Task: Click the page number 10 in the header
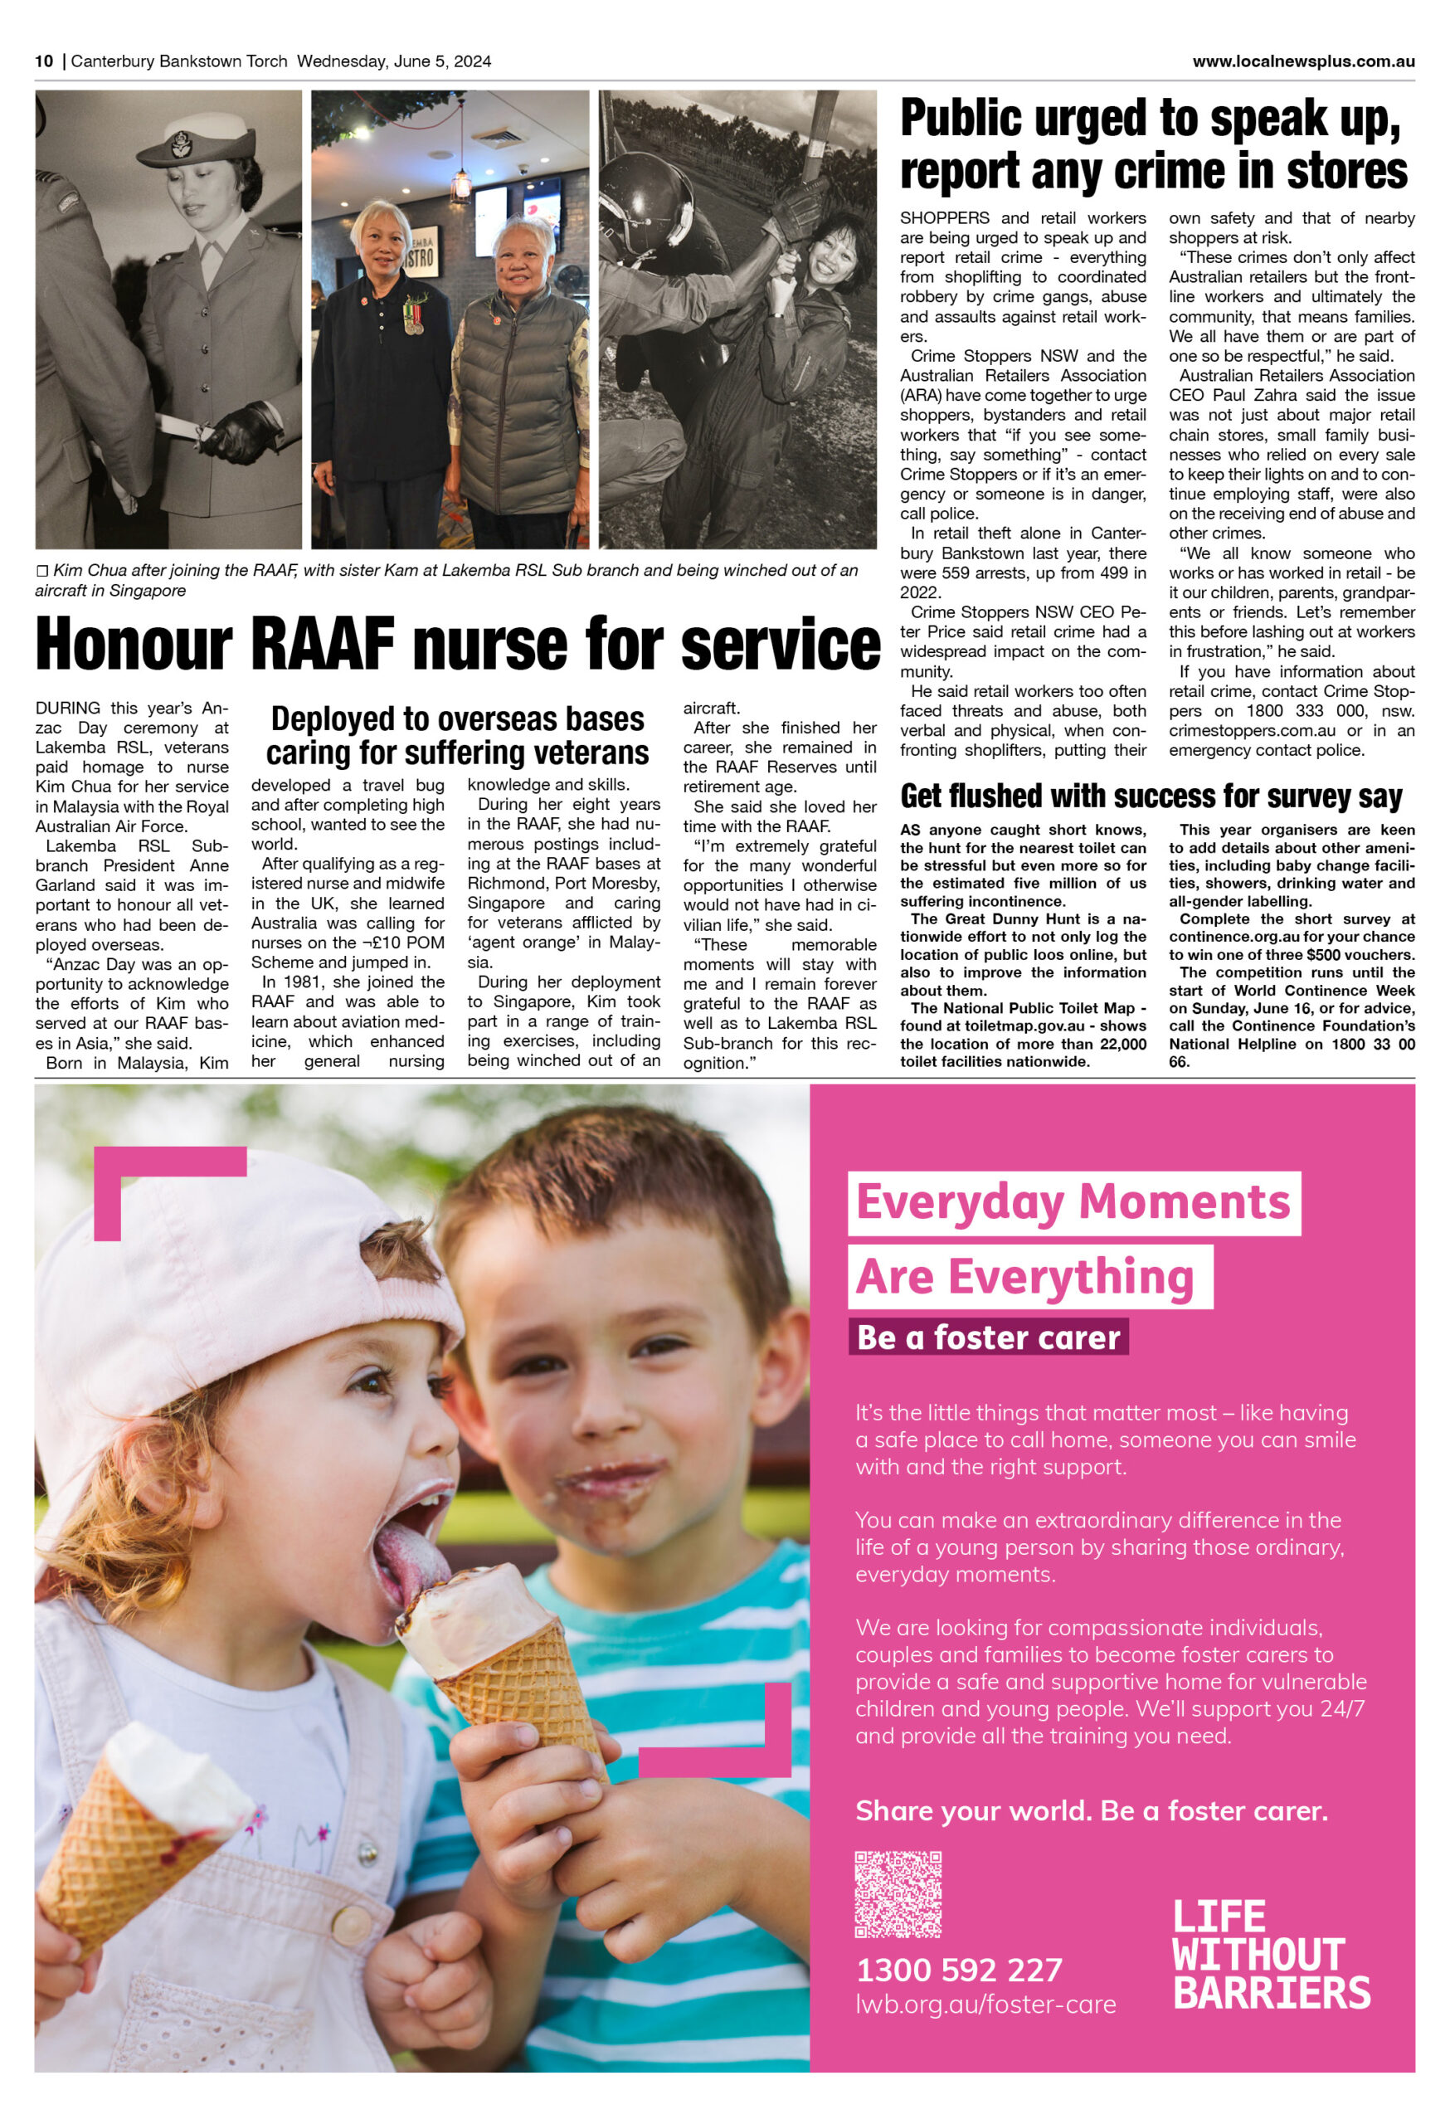pos(44,61)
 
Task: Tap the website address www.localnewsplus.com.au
pos(1303,61)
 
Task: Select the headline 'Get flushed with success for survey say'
pos(1151,796)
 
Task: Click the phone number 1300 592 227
pos(958,1970)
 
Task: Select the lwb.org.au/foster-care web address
pos(985,2005)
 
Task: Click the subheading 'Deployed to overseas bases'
pos(457,719)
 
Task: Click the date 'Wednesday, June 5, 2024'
pos(394,61)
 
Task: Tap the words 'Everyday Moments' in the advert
pos(1073,1202)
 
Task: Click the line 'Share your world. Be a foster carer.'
pos(1091,1810)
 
